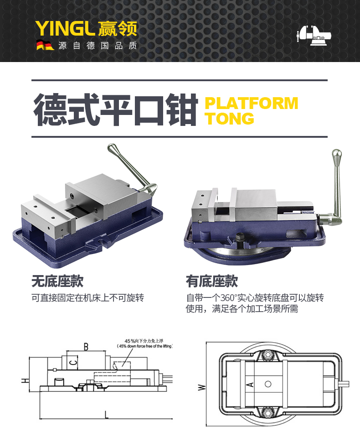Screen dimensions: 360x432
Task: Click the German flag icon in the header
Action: pyautogui.click(x=45, y=46)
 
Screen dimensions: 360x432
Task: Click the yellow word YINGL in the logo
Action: pyautogui.click(x=65, y=28)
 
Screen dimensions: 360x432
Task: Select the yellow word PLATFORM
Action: pyautogui.click(x=251, y=103)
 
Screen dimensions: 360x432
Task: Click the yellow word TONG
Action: pyautogui.click(x=229, y=118)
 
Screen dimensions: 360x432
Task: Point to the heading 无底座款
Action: pyautogui.click(x=57, y=281)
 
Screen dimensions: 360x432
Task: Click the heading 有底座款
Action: pyautogui.click(x=212, y=281)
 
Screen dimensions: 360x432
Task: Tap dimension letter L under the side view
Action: pyautogui.click(x=106, y=415)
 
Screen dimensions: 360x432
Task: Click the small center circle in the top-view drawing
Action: pyautogui.click(x=268, y=384)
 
